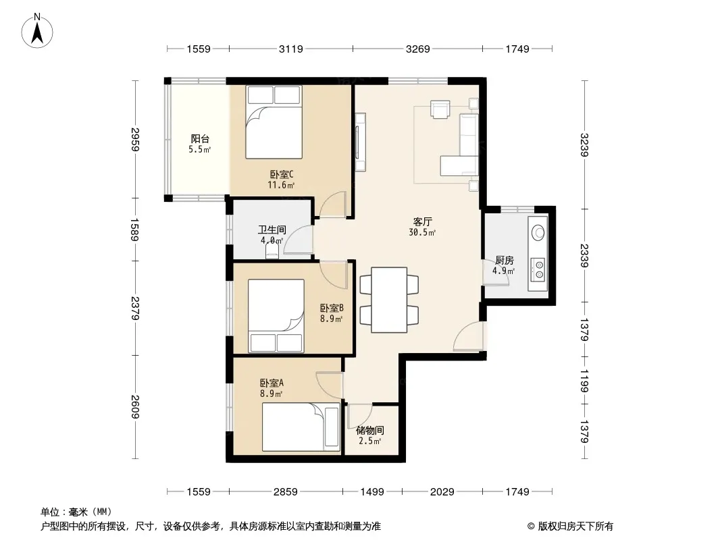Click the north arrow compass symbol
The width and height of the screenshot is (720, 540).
pyautogui.click(x=37, y=31)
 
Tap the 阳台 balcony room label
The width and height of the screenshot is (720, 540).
pyautogui.click(x=200, y=138)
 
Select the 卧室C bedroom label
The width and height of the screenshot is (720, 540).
pyautogui.click(x=281, y=175)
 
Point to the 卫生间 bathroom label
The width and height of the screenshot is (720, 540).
pyautogui.click(x=272, y=230)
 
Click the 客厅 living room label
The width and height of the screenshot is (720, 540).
pyautogui.click(x=422, y=222)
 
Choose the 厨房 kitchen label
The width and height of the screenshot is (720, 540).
pyautogui.click(x=504, y=261)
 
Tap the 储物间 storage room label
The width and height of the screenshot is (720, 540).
pyautogui.click(x=370, y=431)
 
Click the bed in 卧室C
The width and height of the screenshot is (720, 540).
pyautogui.click(x=274, y=122)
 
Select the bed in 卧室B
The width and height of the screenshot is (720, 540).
pyautogui.click(x=276, y=316)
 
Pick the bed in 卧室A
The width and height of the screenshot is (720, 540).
pyautogui.click(x=301, y=427)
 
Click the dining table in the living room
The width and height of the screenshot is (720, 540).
pyautogui.click(x=389, y=300)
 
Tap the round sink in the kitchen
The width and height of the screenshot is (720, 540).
pyautogui.click(x=538, y=233)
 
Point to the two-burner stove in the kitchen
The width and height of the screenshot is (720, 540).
pyautogui.click(x=538, y=270)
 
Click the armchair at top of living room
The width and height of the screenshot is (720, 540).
pyautogui.click(x=440, y=109)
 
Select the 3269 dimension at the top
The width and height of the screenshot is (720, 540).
pyautogui.click(x=418, y=49)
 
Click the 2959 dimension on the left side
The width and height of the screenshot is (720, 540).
pyautogui.click(x=135, y=139)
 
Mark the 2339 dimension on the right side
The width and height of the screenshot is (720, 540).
pyautogui.click(x=584, y=256)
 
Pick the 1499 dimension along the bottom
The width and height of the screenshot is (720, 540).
pyautogui.click(x=372, y=492)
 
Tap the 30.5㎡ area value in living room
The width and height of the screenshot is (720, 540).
pyautogui.click(x=422, y=233)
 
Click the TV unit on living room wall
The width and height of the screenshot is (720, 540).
pyautogui.click(x=361, y=142)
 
